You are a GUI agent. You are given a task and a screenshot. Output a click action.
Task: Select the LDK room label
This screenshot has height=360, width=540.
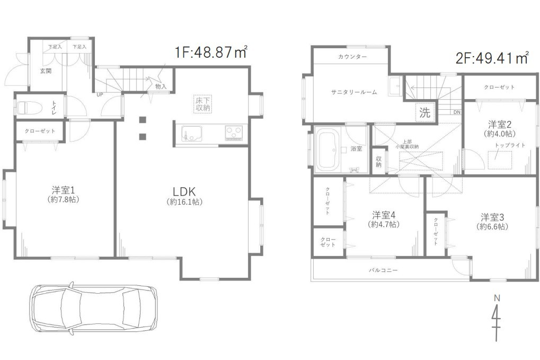pos(184,191)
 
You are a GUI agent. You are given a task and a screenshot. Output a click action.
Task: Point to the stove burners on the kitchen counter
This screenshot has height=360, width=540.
pos(234,132)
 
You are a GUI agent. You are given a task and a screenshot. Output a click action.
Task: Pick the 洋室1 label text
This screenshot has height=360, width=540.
pos(64,190)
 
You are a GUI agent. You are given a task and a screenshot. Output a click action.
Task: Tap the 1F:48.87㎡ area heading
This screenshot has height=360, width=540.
pos(211,52)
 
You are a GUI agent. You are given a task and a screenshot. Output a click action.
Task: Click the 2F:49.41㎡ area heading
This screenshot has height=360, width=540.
pos(492,58)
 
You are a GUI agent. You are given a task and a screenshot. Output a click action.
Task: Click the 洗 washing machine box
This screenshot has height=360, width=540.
pos(425,112)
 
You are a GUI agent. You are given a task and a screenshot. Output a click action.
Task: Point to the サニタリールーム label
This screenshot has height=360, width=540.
pos(354,92)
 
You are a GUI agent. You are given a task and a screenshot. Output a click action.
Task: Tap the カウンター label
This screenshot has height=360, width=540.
pos(352,57)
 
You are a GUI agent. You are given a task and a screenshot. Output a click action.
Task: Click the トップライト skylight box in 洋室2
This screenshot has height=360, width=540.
pos(500,160)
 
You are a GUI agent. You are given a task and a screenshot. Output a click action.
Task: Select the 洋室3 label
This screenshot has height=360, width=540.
pos(492,217)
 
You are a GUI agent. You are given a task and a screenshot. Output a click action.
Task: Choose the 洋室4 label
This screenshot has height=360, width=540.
pos(384,215)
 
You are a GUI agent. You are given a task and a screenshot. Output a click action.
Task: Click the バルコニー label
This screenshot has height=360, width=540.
pos(383,270)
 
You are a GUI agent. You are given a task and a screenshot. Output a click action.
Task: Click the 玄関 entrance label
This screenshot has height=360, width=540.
pos(46,72)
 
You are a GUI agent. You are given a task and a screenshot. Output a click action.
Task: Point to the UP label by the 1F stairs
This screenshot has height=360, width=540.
pos(100,94)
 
